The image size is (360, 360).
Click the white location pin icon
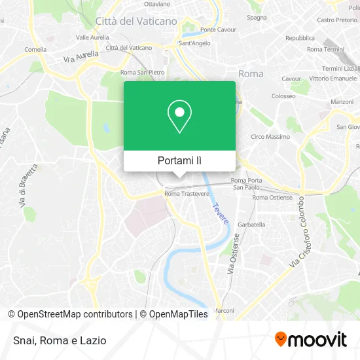179,117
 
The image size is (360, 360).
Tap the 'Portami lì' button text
179,160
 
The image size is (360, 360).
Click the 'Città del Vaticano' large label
136,21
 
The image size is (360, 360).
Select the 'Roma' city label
251,74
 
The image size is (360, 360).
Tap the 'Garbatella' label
251,224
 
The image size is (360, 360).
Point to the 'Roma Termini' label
325,50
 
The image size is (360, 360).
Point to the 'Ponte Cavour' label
217,30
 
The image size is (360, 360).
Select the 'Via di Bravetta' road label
29,187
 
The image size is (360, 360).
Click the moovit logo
310,339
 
